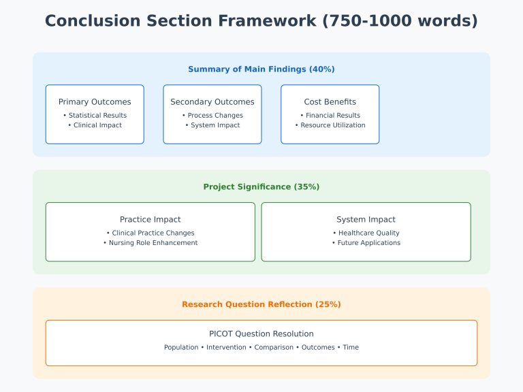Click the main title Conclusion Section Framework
261,21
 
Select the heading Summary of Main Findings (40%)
261,69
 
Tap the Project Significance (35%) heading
261,186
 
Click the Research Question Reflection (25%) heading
261,304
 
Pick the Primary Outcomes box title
95,102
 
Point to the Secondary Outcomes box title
212,102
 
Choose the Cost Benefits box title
330,102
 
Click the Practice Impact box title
150,220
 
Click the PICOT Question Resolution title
261,334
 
